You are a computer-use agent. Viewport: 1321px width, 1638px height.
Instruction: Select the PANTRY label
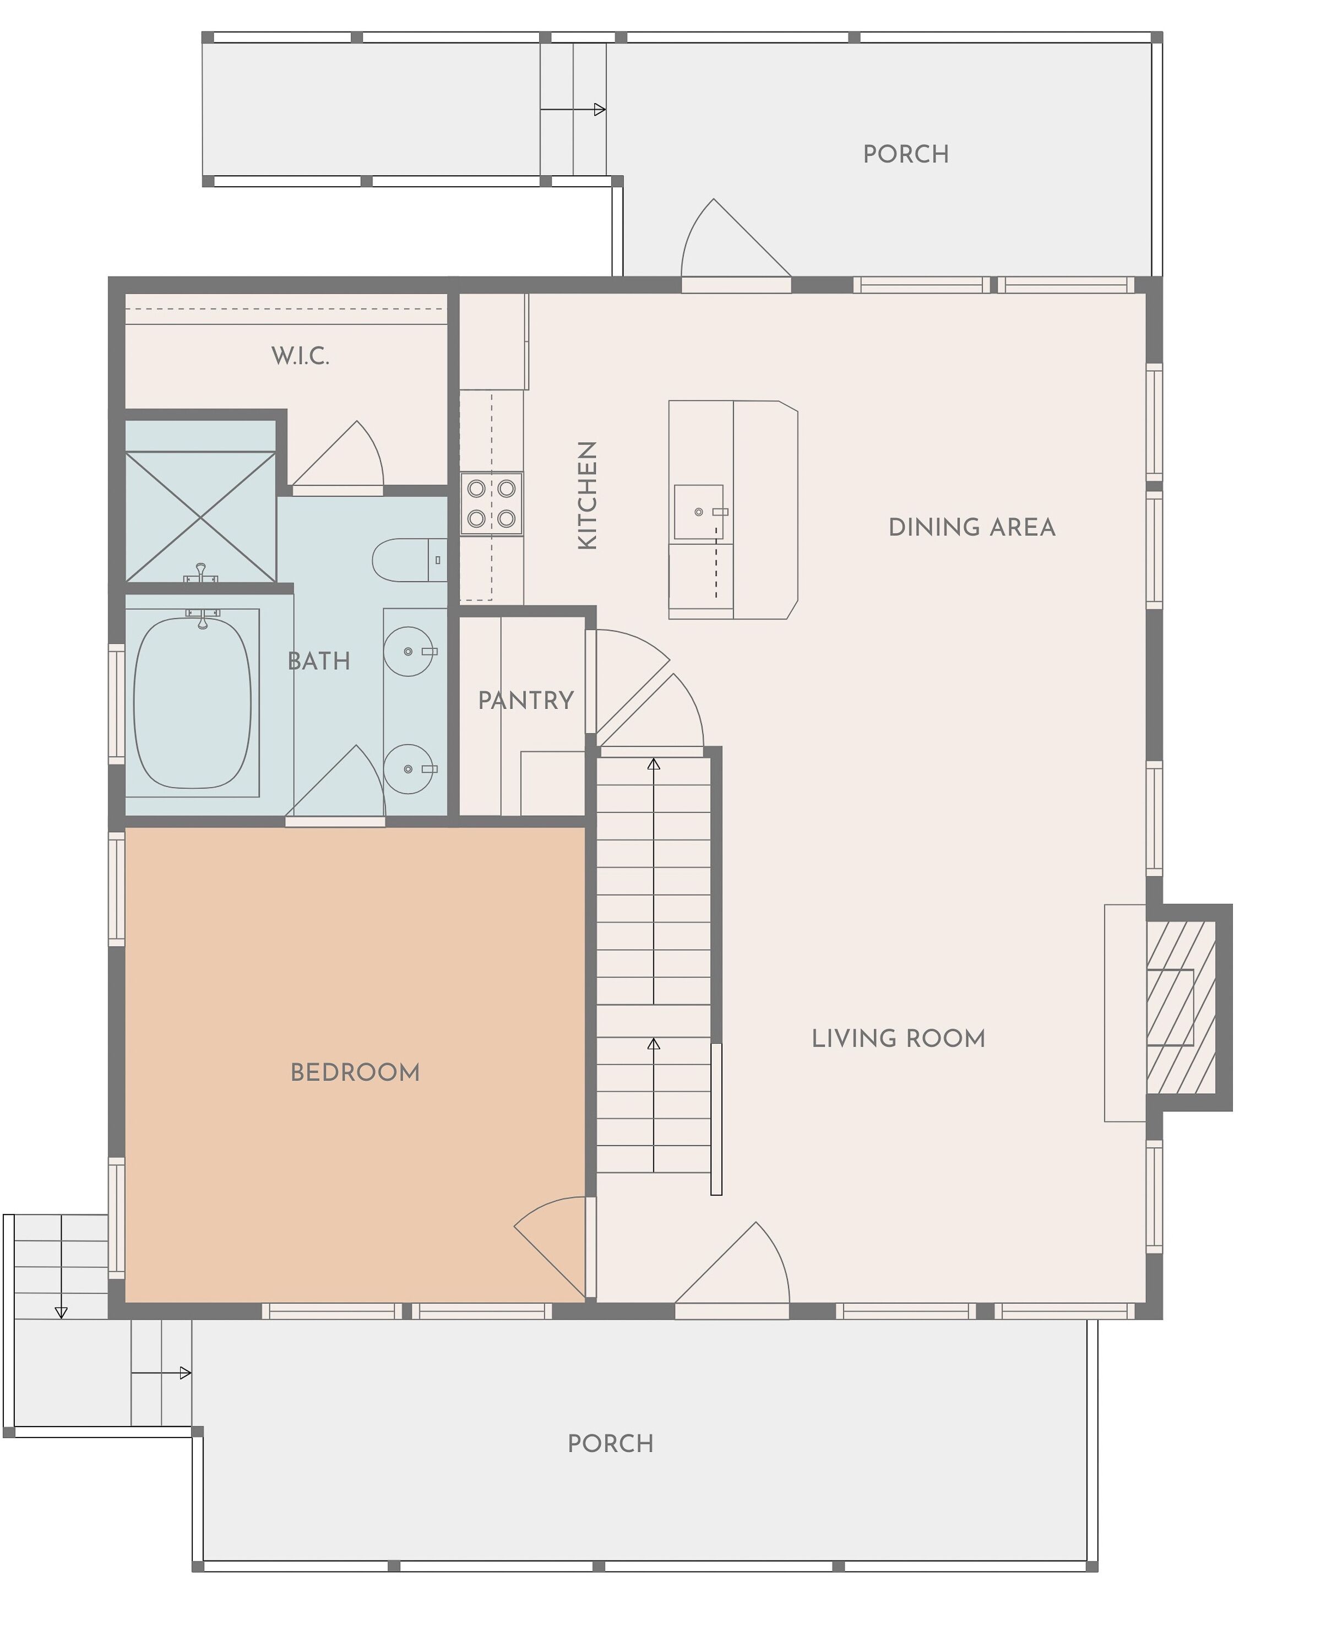[x=526, y=700]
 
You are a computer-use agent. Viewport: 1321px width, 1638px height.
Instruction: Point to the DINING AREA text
[x=972, y=528]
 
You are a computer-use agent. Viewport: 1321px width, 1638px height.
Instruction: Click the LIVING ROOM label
[x=898, y=1038]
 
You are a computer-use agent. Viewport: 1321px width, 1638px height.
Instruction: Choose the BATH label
[x=319, y=661]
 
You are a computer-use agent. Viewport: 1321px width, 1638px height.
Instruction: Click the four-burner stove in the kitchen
[x=492, y=503]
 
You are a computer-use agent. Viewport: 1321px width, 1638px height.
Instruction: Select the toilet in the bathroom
[x=409, y=560]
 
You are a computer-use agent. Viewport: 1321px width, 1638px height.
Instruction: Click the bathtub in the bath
[x=193, y=703]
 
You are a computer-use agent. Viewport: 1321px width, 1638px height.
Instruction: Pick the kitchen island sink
[x=699, y=512]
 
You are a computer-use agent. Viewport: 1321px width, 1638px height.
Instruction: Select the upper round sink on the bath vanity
[x=409, y=652]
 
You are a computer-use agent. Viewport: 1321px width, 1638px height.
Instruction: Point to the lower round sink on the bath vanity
[x=409, y=769]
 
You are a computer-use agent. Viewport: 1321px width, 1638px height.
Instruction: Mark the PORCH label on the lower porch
[x=610, y=1444]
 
